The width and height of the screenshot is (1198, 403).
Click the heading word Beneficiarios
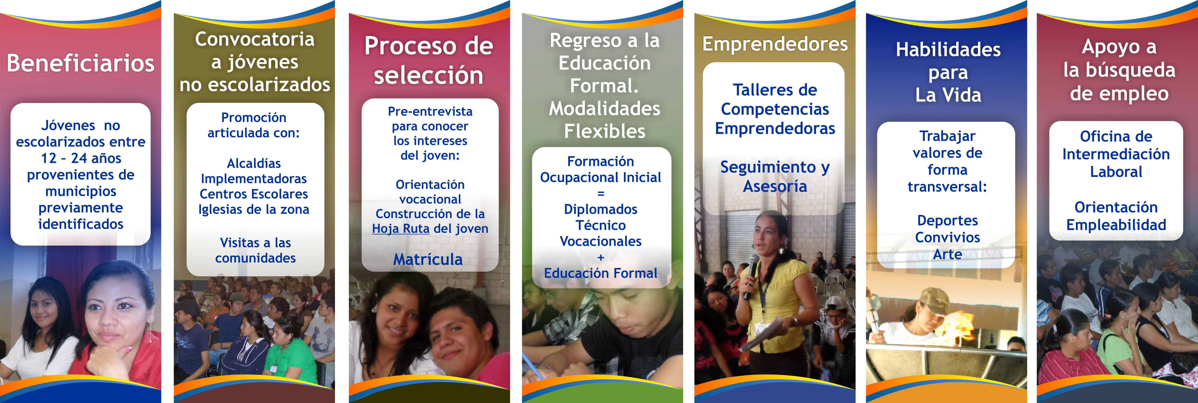81,63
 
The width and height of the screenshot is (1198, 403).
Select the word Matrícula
428,259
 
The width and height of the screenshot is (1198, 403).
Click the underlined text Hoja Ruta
400,229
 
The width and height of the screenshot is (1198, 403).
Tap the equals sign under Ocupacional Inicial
601,193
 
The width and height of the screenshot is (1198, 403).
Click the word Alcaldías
254,164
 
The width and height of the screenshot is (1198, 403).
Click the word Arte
947,254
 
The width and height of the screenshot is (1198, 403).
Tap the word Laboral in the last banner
1116,172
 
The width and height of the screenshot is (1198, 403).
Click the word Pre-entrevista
430,112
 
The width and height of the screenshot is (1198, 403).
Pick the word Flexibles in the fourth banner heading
605,132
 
